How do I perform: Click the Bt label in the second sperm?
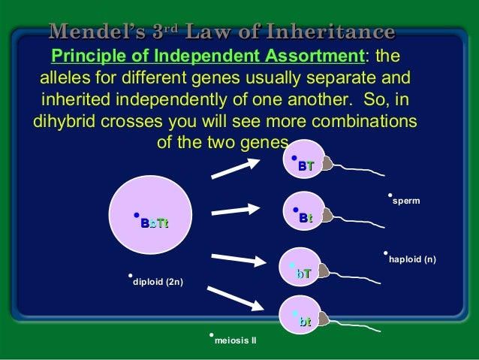click(x=306, y=218)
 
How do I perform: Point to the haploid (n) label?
click(x=412, y=260)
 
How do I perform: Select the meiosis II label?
click(x=235, y=341)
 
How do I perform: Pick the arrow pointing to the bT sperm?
click(x=239, y=259)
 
